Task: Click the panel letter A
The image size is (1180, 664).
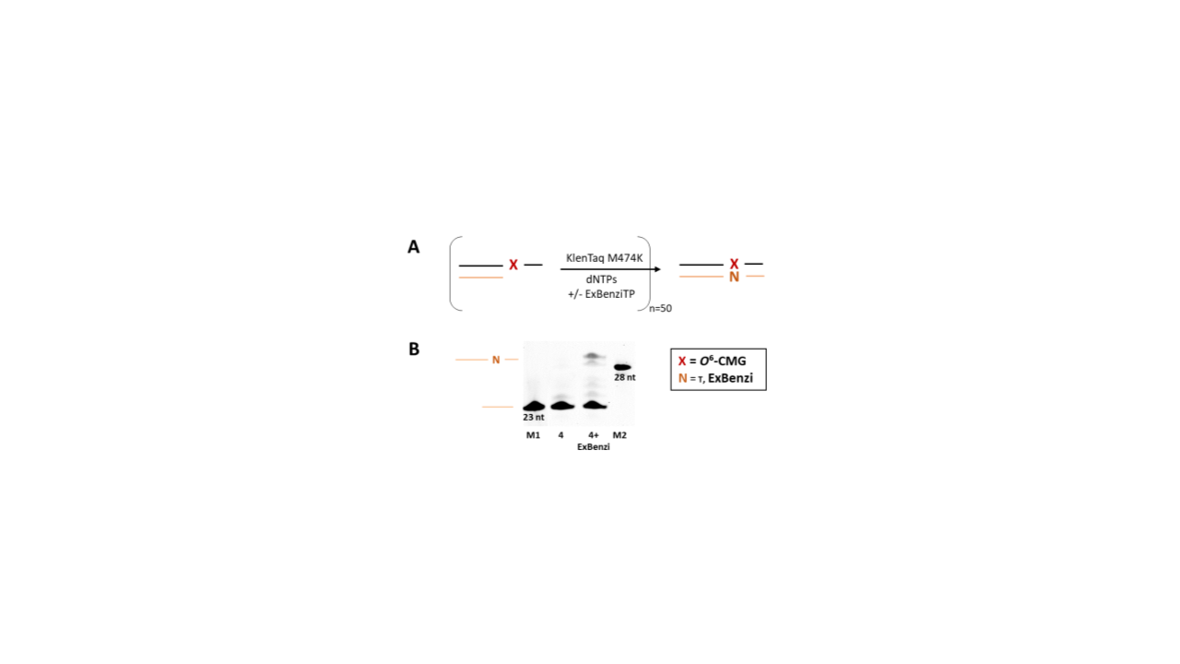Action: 414,246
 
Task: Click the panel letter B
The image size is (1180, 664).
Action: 414,349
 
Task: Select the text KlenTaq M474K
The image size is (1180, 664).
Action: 604,258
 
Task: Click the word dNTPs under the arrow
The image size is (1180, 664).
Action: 601,279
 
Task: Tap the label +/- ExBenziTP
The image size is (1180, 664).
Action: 601,294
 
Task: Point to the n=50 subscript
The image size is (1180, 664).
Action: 661,308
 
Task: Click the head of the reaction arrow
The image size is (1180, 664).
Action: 657,269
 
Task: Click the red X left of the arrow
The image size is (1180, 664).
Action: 513,265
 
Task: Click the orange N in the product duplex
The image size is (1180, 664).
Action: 734,277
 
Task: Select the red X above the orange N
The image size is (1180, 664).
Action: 734,264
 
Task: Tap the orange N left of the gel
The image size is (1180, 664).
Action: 496,360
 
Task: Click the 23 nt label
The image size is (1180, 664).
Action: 534,418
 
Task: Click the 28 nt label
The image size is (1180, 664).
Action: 625,377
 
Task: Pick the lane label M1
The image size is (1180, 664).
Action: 533,435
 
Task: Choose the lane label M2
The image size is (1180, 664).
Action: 619,435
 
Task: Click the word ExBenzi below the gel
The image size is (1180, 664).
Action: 593,447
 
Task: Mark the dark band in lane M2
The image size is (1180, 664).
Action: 622,367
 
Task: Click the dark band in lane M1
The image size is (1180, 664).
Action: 534,407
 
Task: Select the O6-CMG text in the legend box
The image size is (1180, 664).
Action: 723,361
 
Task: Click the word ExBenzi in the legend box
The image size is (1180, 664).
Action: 730,378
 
